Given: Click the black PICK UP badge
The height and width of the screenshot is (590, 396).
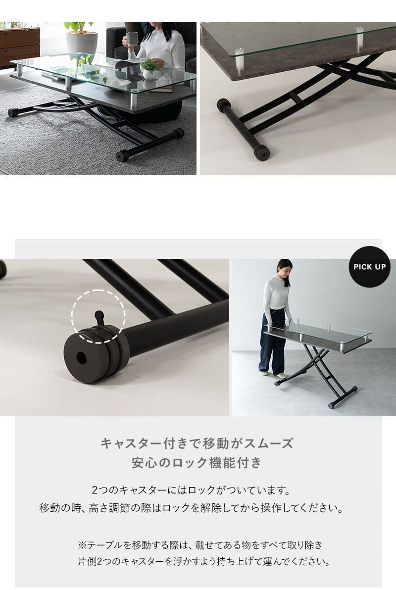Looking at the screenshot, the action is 369,267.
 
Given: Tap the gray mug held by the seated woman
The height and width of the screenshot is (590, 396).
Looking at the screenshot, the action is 132,39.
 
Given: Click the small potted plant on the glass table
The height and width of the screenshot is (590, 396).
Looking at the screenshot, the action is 149,69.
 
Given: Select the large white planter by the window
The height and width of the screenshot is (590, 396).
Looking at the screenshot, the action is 82,43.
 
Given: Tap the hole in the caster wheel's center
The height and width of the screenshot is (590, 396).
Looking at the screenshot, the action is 81,358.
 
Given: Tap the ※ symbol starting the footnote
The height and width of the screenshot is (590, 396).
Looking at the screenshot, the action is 82,545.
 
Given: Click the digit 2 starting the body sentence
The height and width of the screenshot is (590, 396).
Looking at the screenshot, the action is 95,491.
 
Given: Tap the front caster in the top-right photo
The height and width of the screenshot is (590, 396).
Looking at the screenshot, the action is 262,152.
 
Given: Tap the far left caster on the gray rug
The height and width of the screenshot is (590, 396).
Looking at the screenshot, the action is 13,112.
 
